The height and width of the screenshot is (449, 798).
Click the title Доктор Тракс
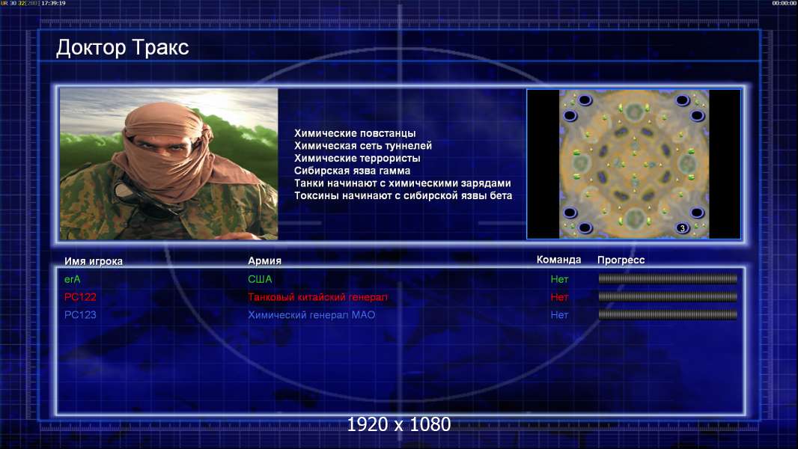[122, 48]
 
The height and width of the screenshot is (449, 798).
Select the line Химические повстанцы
[355, 133]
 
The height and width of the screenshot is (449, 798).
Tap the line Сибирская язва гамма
[352, 171]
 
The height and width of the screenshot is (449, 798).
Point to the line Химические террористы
[357, 158]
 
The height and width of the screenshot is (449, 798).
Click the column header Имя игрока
[93, 261]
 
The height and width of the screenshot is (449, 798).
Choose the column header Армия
[265, 260]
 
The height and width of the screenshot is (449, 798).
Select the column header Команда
[558, 260]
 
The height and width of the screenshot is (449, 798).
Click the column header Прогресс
[621, 260]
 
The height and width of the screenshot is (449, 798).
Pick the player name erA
[73, 279]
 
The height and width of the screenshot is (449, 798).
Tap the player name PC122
[80, 297]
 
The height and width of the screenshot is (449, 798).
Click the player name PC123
[80, 315]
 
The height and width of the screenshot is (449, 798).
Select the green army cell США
[260, 279]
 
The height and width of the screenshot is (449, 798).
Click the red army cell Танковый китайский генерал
[317, 297]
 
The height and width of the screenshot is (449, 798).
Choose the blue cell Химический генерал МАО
[311, 315]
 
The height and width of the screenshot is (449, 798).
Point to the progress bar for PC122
[668, 296]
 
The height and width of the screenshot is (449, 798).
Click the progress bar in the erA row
[668, 278]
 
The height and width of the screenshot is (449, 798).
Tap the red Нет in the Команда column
[559, 297]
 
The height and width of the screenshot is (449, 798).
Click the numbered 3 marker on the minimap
[683, 228]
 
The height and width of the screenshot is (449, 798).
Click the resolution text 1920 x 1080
[398, 424]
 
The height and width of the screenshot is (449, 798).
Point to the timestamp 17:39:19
[53, 3]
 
